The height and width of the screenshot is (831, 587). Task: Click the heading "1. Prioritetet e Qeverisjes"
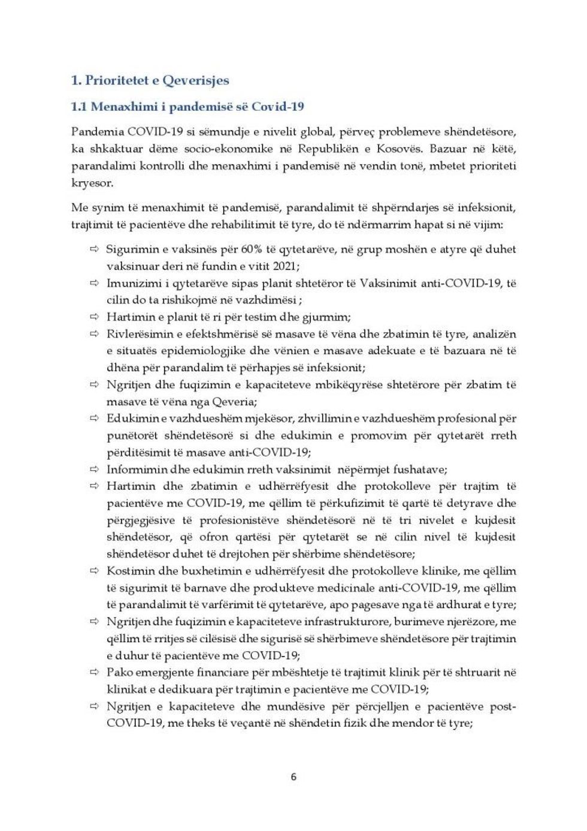(150, 80)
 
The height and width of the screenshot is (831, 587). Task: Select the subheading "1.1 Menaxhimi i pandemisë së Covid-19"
(187, 107)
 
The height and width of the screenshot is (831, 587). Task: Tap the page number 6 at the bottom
(293, 776)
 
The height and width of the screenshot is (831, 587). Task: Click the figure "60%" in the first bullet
(252, 249)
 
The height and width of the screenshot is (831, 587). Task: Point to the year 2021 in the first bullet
(286, 266)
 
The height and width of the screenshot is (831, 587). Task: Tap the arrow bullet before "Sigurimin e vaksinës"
(94, 249)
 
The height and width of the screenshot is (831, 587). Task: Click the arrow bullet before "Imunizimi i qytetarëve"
(94, 283)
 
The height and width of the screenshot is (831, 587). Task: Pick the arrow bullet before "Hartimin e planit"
(94, 317)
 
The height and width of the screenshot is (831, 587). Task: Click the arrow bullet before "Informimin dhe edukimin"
(94, 469)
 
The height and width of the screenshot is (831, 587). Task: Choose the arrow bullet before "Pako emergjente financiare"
(94, 672)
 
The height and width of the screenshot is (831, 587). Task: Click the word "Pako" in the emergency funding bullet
(120, 672)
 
